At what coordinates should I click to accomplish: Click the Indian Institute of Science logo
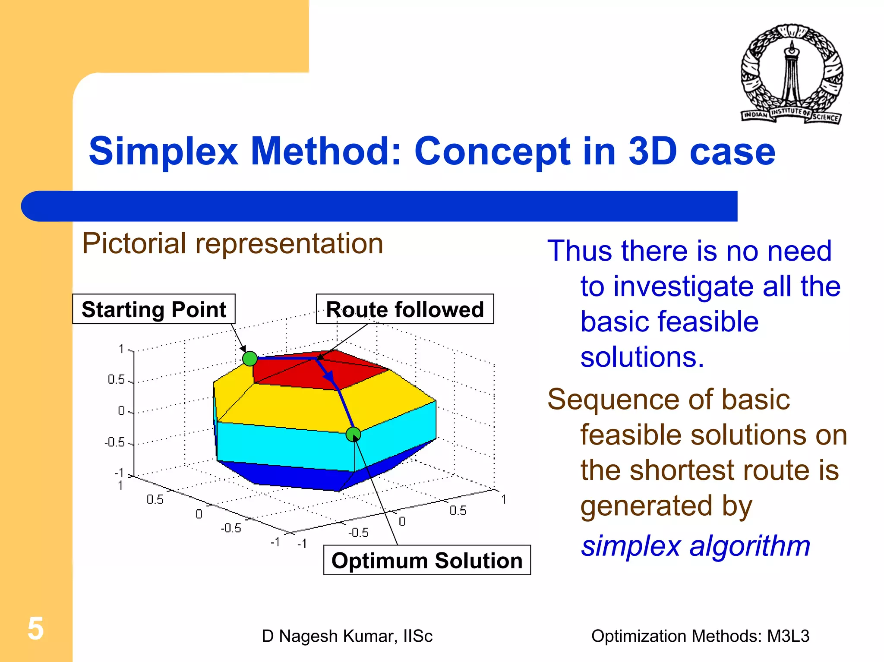tap(792, 74)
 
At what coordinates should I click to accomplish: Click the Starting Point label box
tap(154, 309)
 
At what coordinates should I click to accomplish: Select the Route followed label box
tap(404, 309)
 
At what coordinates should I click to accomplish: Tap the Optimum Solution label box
tap(426, 560)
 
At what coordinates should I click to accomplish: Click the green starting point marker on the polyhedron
tap(250, 359)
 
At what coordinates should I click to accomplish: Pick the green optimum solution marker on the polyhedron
tap(353, 434)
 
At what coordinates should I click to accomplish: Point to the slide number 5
tap(35, 628)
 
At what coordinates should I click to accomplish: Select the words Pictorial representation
tap(232, 244)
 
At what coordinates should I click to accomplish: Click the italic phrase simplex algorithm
tap(695, 546)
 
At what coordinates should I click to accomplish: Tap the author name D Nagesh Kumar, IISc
tap(347, 636)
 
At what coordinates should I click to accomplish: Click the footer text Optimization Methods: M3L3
tap(700, 636)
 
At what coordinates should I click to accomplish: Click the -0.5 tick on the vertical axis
tap(114, 442)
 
